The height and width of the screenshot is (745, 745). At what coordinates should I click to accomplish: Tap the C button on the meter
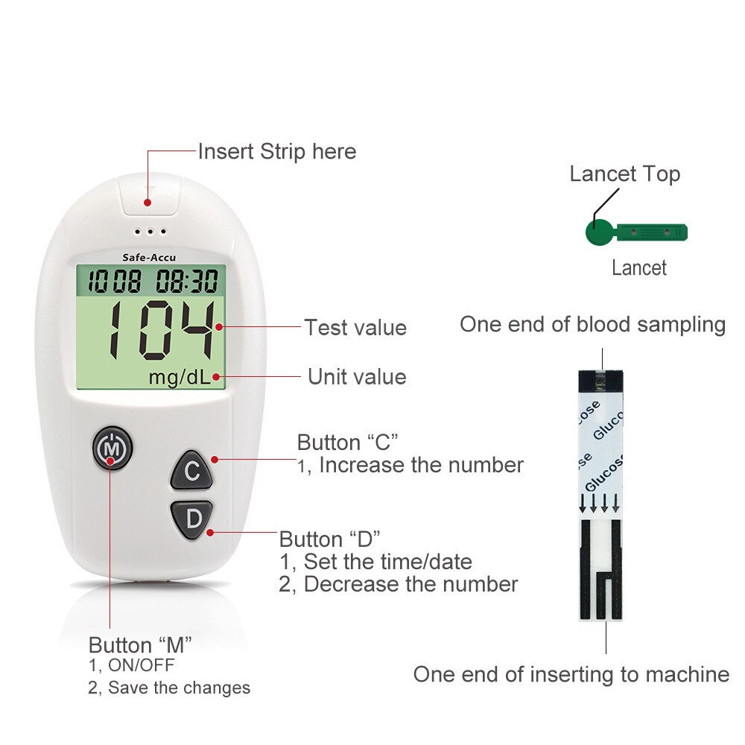[191, 470]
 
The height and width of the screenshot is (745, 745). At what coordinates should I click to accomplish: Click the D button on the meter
[192, 519]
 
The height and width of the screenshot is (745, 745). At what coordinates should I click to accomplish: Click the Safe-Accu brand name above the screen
[149, 258]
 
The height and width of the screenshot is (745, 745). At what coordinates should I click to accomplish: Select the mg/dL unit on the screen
[179, 378]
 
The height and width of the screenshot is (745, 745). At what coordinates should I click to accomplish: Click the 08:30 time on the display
[187, 281]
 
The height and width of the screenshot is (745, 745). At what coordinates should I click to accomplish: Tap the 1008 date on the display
[115, 281]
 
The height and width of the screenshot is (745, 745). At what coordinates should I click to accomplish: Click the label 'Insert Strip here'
[277, 151]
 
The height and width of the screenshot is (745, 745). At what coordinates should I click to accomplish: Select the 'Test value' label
[355, 328]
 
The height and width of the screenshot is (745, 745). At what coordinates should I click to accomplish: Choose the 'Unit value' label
[357, 377]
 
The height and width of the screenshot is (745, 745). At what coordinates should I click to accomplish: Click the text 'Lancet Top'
[625, 174]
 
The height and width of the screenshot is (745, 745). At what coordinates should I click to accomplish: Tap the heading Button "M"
[140, 645]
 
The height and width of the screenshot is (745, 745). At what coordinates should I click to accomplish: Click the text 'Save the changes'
[179, 688]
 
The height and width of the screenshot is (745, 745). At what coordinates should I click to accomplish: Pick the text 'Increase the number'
[422, 465]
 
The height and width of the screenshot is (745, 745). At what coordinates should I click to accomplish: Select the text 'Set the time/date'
[387, 562]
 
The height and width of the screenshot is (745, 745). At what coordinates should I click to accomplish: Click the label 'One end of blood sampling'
[592, 325]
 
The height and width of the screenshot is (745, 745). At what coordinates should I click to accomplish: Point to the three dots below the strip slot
[150, 232]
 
